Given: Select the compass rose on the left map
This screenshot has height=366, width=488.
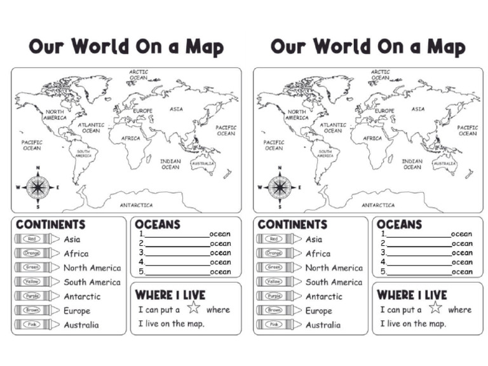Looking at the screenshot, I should pos(38,187).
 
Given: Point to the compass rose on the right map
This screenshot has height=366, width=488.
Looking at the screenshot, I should pos(280,187).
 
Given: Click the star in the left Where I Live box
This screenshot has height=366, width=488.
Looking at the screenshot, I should pos(194,309).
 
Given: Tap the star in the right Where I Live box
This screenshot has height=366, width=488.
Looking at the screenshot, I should pos(435,309).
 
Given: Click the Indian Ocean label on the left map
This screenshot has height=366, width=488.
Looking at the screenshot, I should pos(170,164).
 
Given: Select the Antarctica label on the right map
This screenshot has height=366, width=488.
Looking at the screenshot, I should pos(378,205).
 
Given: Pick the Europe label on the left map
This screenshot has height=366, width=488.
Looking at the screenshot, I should pos(144,111).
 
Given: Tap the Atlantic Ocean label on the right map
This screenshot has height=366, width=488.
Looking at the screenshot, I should pos(333,128).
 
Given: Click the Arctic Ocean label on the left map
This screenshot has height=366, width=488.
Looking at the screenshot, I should pos(139,75).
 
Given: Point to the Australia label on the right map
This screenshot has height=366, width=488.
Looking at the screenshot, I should pos(445,163).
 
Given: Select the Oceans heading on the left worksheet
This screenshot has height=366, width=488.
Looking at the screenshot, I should pos(158,224).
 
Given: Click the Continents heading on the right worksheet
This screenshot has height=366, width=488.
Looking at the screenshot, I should pos(292,224).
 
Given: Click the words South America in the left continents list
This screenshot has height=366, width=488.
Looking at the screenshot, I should pos(91,282).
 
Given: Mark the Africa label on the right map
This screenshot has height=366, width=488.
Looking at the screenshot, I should pos(373,138).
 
